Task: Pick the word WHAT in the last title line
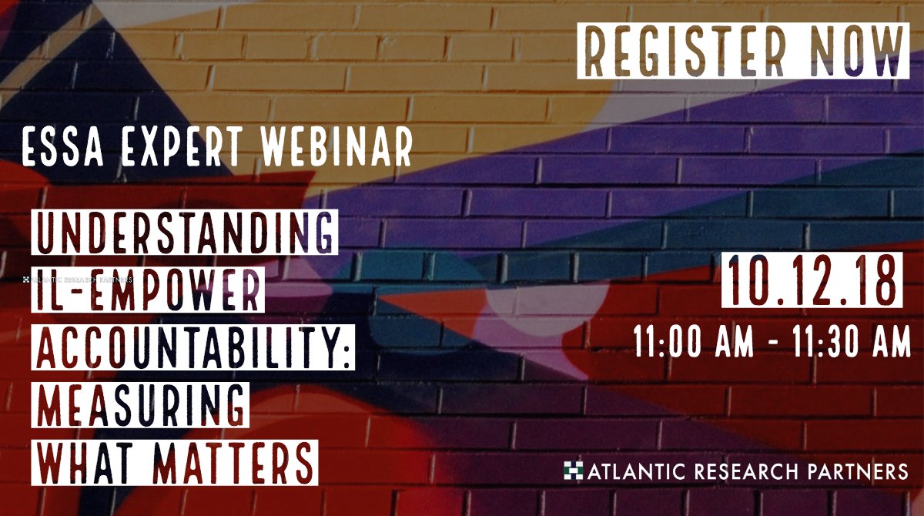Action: click(x=81, y=462)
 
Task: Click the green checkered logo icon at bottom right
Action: click(x=573, y=469)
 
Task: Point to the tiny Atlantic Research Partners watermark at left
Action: click(x=77, y=280)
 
